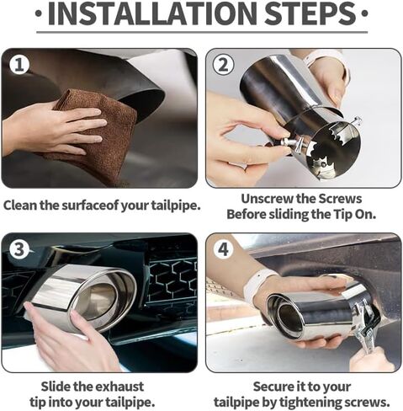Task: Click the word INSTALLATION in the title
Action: click(152, 13)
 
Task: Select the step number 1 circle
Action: click(19, 65)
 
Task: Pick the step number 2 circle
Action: click(223, 65)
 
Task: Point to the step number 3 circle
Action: click(19, 249)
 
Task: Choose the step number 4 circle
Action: click(223, 249)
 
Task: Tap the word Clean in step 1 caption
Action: click(20, 205)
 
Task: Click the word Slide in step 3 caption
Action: click(56, 387)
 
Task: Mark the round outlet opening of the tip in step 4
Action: click(287, 318)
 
